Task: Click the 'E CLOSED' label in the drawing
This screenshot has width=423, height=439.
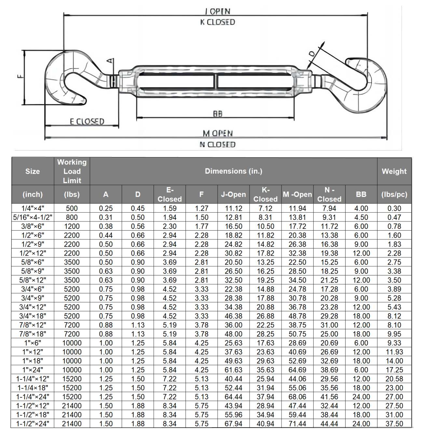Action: point(87,122)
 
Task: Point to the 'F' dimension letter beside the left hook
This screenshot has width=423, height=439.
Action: point(20,77)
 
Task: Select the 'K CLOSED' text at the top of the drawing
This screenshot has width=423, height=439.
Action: point(217,22)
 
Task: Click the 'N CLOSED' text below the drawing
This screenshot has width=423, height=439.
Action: point(217,144)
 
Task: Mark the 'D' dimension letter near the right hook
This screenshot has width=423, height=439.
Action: point(312,54)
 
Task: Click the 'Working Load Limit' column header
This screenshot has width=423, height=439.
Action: point(72,171)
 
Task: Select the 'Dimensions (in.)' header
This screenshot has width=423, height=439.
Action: point(233,171)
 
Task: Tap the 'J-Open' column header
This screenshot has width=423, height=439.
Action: point(233,194)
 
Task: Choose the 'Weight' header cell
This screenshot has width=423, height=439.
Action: point(394,171)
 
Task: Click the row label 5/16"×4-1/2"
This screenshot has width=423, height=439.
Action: point(33,217)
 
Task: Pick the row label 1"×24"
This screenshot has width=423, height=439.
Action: point(33,370)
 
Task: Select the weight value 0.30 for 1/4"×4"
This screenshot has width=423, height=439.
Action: point(394,208)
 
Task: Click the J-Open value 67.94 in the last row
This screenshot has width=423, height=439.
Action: point(233,424)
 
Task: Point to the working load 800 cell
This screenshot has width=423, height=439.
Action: point(72,217)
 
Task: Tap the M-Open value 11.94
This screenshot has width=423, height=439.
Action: point(297,208)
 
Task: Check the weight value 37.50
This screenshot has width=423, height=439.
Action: point(394,424)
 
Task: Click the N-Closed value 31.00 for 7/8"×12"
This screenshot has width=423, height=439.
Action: point(329,325)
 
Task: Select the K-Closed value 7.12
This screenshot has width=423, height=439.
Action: point(265,208)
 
